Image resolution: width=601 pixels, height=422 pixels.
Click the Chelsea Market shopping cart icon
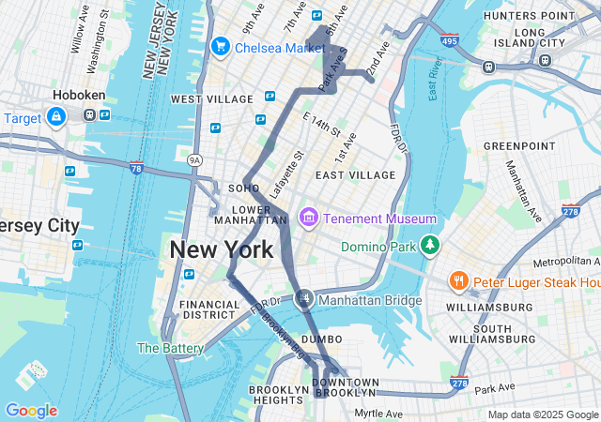point(221,46)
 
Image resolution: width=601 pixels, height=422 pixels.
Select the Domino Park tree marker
point(429,246)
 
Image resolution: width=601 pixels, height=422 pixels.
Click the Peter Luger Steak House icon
point(458,280)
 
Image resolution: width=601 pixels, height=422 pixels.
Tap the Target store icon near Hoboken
point(55,117)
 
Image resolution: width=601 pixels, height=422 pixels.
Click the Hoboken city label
point(79,95)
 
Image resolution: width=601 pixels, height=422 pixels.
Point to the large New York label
point(221,249)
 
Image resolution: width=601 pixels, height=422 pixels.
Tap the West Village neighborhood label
point(213,98)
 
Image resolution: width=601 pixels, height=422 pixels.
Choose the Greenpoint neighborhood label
point(514,146)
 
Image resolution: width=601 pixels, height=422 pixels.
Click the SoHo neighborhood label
point(237,188)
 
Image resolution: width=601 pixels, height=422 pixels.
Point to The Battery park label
point(170,348)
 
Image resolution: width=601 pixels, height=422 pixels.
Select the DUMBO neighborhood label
point(322,339)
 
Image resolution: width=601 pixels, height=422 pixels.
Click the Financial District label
point(210,309)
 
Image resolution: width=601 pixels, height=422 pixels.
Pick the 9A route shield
point(194,160)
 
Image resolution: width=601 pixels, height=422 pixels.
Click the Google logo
point(31,411)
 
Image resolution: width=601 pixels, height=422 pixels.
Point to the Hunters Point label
point(529,16)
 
